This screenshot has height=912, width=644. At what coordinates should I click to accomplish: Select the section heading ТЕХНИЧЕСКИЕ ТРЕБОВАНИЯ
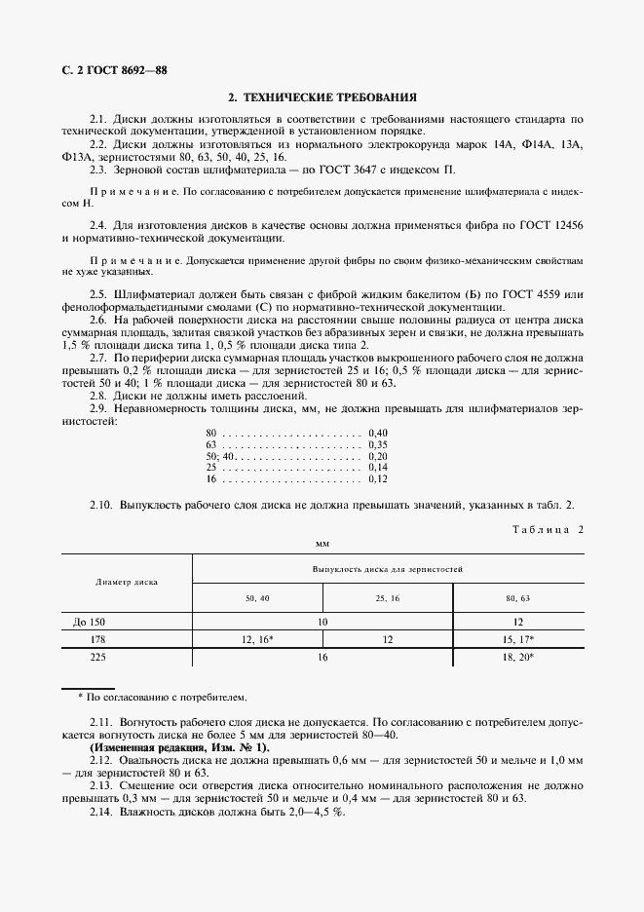pyautogui.click(x=322, y=97)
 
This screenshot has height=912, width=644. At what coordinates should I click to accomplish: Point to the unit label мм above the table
pyautogui.click(x=322, y=544)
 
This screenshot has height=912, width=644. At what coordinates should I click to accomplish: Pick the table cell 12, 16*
pyautogui.click(x=257, y=639)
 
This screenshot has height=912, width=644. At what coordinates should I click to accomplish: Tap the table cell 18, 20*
pyautogui.click(x=517, y=658)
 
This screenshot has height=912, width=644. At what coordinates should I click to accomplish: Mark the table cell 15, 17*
pyautogui.click(x=517, y=639)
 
